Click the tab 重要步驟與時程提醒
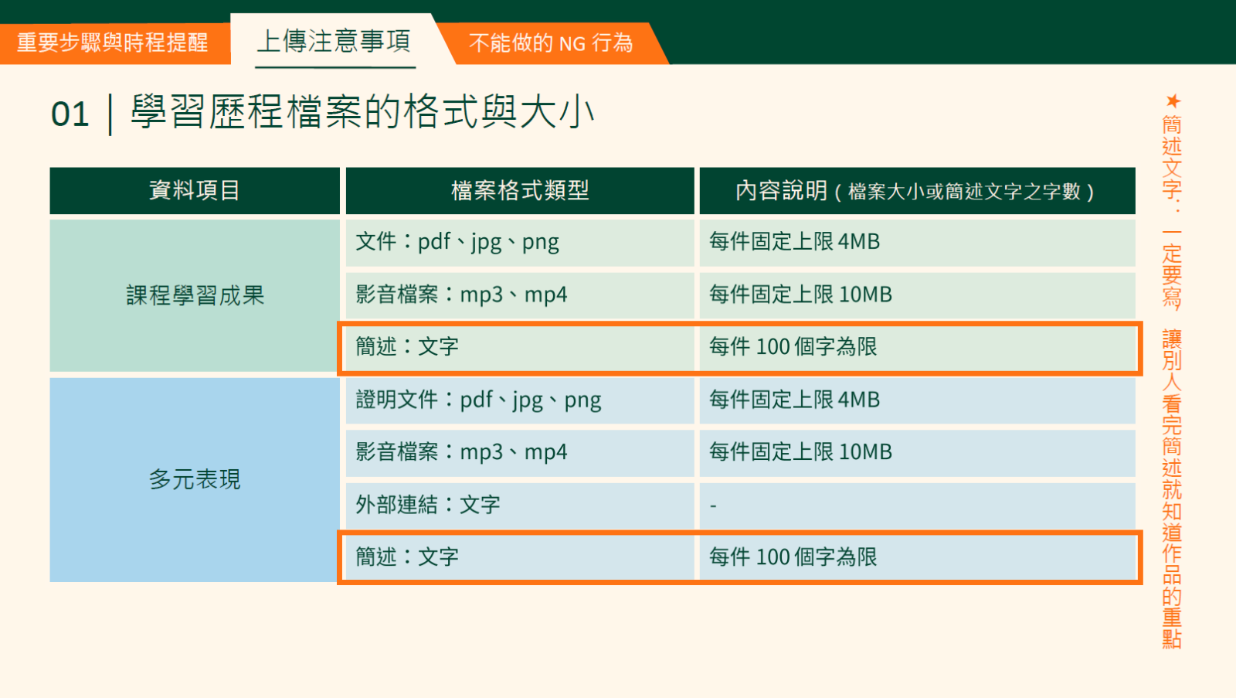point(112,43)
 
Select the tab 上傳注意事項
point(334,42)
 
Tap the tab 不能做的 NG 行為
point(551,43)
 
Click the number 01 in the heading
point(70,114)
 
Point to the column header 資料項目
point(195,190)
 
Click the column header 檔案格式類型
point(520,190)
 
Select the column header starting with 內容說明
point(917,190)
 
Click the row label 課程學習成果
point(195,295)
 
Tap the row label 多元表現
point(195,479)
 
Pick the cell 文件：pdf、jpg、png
point(520,243)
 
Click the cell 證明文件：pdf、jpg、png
point(520,400)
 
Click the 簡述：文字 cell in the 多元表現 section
point(520,557)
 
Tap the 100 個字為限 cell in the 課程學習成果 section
point(917,347)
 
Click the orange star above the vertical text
point(1173,101)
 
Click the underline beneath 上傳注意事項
point(335,67)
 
